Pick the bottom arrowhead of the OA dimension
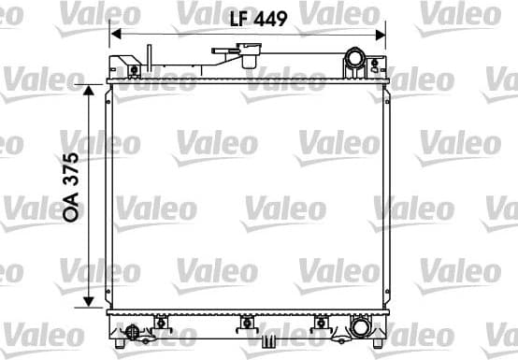90,301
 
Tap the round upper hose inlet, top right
356,61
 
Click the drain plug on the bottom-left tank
134,331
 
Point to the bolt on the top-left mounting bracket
135,69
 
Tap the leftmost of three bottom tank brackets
161,324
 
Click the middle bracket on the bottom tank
248,324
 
